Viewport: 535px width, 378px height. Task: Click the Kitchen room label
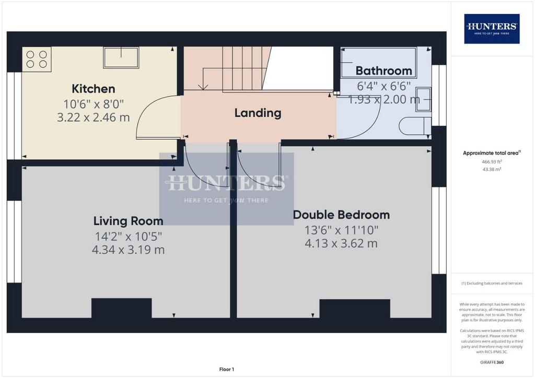(x=93, y=89)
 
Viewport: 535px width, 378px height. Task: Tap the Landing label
(x=258, y=113)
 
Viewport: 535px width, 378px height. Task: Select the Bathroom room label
(x=384, y=71)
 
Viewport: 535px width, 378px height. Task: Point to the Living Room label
(x=129, y=221)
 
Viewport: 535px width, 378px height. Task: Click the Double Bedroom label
(x=341, y=215)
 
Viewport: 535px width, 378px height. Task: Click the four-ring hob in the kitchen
(x=37, y=60)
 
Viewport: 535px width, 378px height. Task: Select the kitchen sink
(x=121, y=57)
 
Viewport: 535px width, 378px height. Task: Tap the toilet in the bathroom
(x=415, y=126)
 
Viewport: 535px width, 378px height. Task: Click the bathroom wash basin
(x=423, y=99)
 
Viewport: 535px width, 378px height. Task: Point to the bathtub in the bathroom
(x=378, y=63)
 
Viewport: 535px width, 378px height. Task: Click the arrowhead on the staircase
(x=203, y=87)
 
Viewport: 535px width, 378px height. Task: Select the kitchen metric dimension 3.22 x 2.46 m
(x=93, y=117)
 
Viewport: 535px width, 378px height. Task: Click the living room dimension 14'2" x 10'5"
(x=129, y=236)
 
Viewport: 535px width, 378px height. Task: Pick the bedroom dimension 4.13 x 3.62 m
(x=341, y=243)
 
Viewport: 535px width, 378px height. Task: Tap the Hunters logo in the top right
(x=492, y=29)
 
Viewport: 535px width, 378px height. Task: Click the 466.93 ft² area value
(x=492, y=162)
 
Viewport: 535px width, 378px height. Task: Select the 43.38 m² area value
(x=492, y=169)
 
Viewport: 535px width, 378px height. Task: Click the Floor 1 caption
(x=227, y=369)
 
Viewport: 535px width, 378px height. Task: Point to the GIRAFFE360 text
(x=492, y=362)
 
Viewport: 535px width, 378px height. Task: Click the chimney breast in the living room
(x=121, y=308)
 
